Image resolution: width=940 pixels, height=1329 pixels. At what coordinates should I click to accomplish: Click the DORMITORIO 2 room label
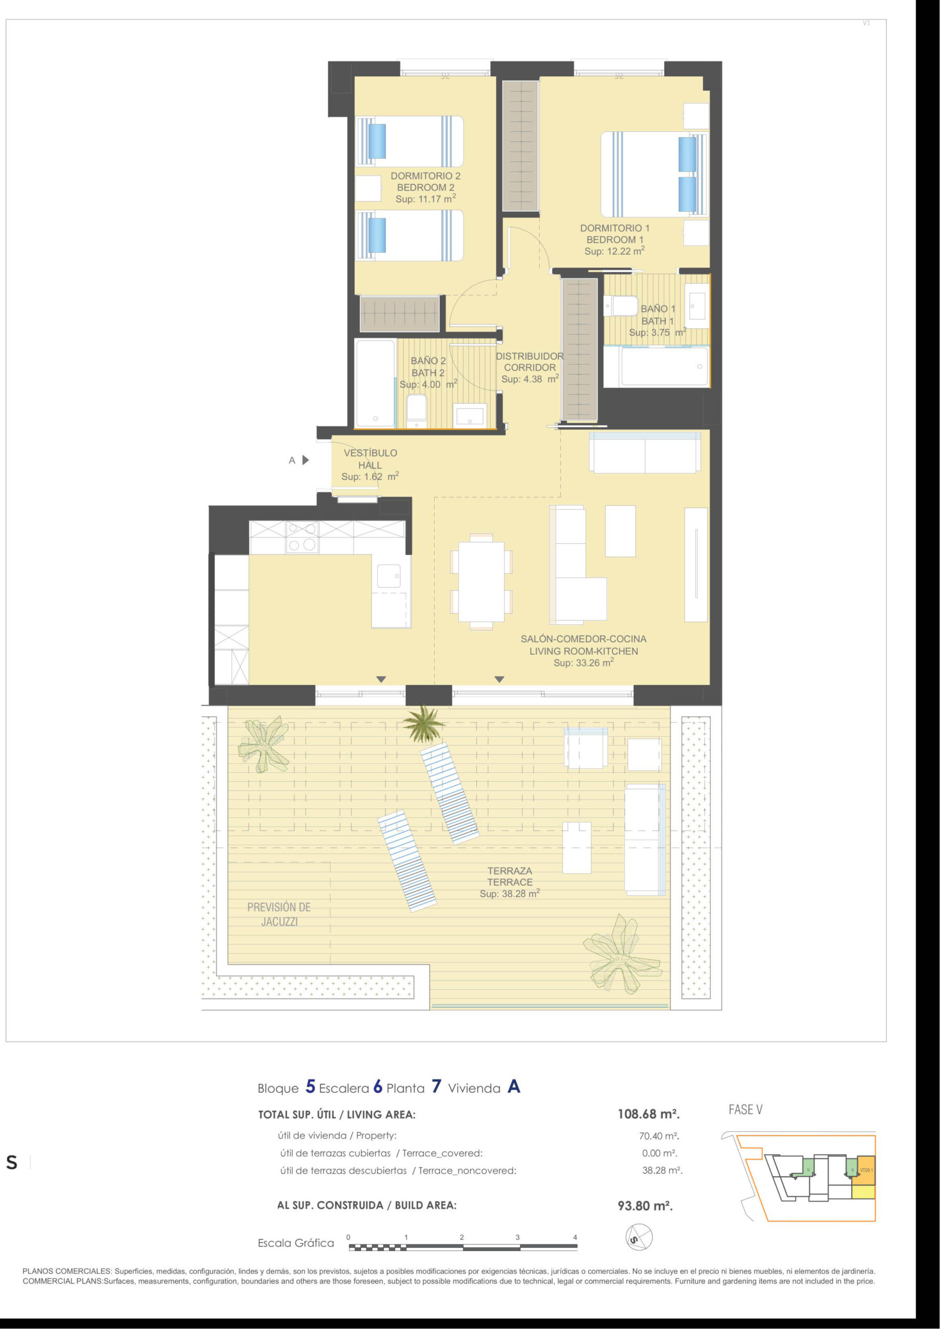[x=426, y=176]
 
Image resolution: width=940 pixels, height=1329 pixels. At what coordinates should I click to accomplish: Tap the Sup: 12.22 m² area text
[x=614, y=251]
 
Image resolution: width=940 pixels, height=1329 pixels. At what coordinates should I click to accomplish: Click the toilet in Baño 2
[x=417, y=411]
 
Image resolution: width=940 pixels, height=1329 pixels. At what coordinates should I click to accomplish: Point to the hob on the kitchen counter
[x=302, y=537]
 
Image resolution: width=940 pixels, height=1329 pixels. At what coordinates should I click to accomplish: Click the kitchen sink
[x=388, y=575]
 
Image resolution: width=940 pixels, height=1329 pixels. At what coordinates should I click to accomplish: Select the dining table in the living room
[x=481, y=581]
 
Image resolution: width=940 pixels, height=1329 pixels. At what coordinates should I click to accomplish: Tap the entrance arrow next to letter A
[x=306, y=460]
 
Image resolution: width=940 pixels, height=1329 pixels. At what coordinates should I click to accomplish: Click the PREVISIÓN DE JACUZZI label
[x=279, y=915]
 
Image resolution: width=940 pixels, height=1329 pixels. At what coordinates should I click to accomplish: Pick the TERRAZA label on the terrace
[x=509, y=871]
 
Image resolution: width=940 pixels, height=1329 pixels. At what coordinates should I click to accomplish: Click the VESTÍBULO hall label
[x=371, y=453]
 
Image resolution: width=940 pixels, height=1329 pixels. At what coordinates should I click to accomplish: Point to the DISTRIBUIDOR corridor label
[x=530, y=357]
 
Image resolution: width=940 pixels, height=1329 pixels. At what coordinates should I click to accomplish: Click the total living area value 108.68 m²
[x=649, y=1114]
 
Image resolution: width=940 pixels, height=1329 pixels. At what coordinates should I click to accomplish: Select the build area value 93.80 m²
[x=645, y=1206]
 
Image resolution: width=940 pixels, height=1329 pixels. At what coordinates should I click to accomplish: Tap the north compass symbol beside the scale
[x=639, y=1238]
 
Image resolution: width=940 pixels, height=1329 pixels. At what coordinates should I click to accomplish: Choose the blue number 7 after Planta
[x=436, y=1087]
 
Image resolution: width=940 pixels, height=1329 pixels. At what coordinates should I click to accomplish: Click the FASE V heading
[x=745, y=1109]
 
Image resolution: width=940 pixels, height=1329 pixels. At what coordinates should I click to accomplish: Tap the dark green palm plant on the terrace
[x=424, y=723]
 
